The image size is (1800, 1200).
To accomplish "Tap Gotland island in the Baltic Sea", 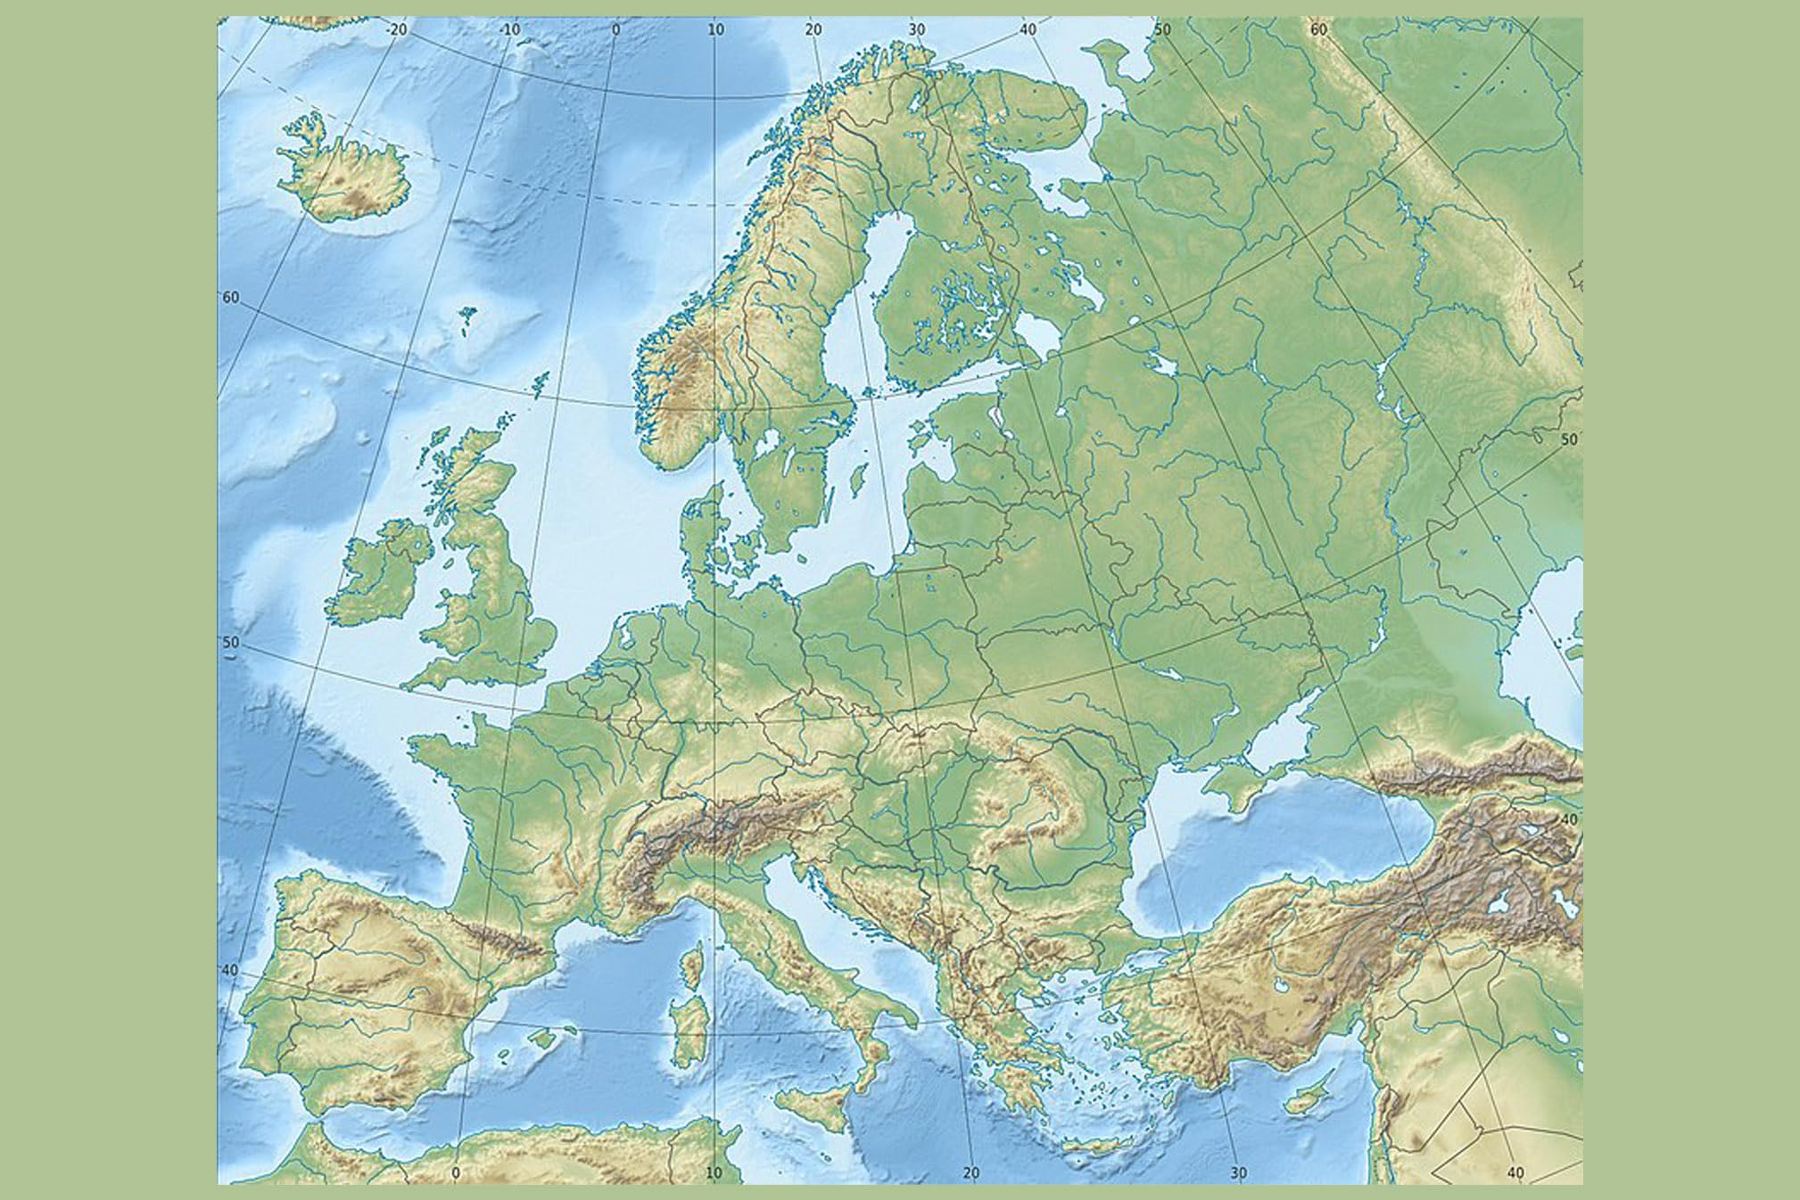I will tap(858, 481).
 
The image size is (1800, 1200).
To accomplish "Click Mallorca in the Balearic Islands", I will tap(542, 1038).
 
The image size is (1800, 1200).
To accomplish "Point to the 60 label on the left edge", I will tap(230, 298).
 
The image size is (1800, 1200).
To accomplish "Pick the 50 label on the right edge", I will tap(1569, 440).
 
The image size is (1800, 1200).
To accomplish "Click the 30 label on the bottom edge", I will tap(1237, 1173).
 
